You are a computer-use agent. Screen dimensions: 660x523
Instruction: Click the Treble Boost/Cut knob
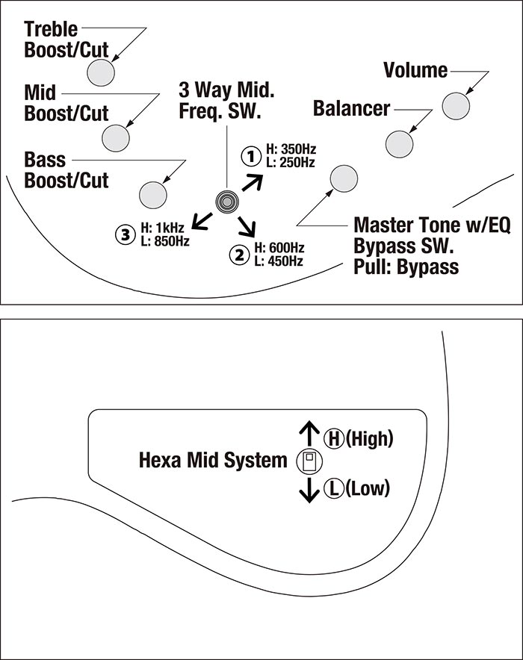click(101, 72)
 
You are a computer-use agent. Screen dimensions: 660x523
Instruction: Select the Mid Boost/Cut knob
click(116, 137)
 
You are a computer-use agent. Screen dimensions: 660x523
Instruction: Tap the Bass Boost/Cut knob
click(152, 193)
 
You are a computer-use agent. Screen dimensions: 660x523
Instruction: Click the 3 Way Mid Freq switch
click(226, 200)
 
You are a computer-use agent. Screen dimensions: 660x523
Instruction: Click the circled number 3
click(124, 234)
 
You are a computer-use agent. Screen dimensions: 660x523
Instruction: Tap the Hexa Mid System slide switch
click(307, 462)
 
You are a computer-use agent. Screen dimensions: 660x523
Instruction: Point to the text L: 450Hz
click(279, 261)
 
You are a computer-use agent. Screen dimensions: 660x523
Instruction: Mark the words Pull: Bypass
click(406, 267)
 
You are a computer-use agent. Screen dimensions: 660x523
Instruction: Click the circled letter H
click(332, 438)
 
